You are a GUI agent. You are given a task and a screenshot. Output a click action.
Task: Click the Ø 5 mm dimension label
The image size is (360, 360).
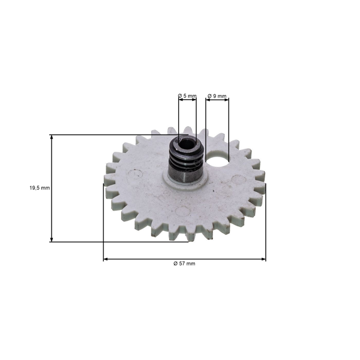187,96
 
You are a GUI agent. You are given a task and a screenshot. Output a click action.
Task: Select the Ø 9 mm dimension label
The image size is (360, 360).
217,96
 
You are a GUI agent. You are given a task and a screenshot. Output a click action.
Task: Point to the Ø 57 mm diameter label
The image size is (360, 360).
184,263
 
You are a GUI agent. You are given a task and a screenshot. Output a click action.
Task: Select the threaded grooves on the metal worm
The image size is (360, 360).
187,161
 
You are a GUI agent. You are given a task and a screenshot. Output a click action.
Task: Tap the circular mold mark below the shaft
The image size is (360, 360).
184,211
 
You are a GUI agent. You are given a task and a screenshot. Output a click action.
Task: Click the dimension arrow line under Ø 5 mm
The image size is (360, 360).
187,102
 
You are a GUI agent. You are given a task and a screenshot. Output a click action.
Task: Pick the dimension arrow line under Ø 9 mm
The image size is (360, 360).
217,102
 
